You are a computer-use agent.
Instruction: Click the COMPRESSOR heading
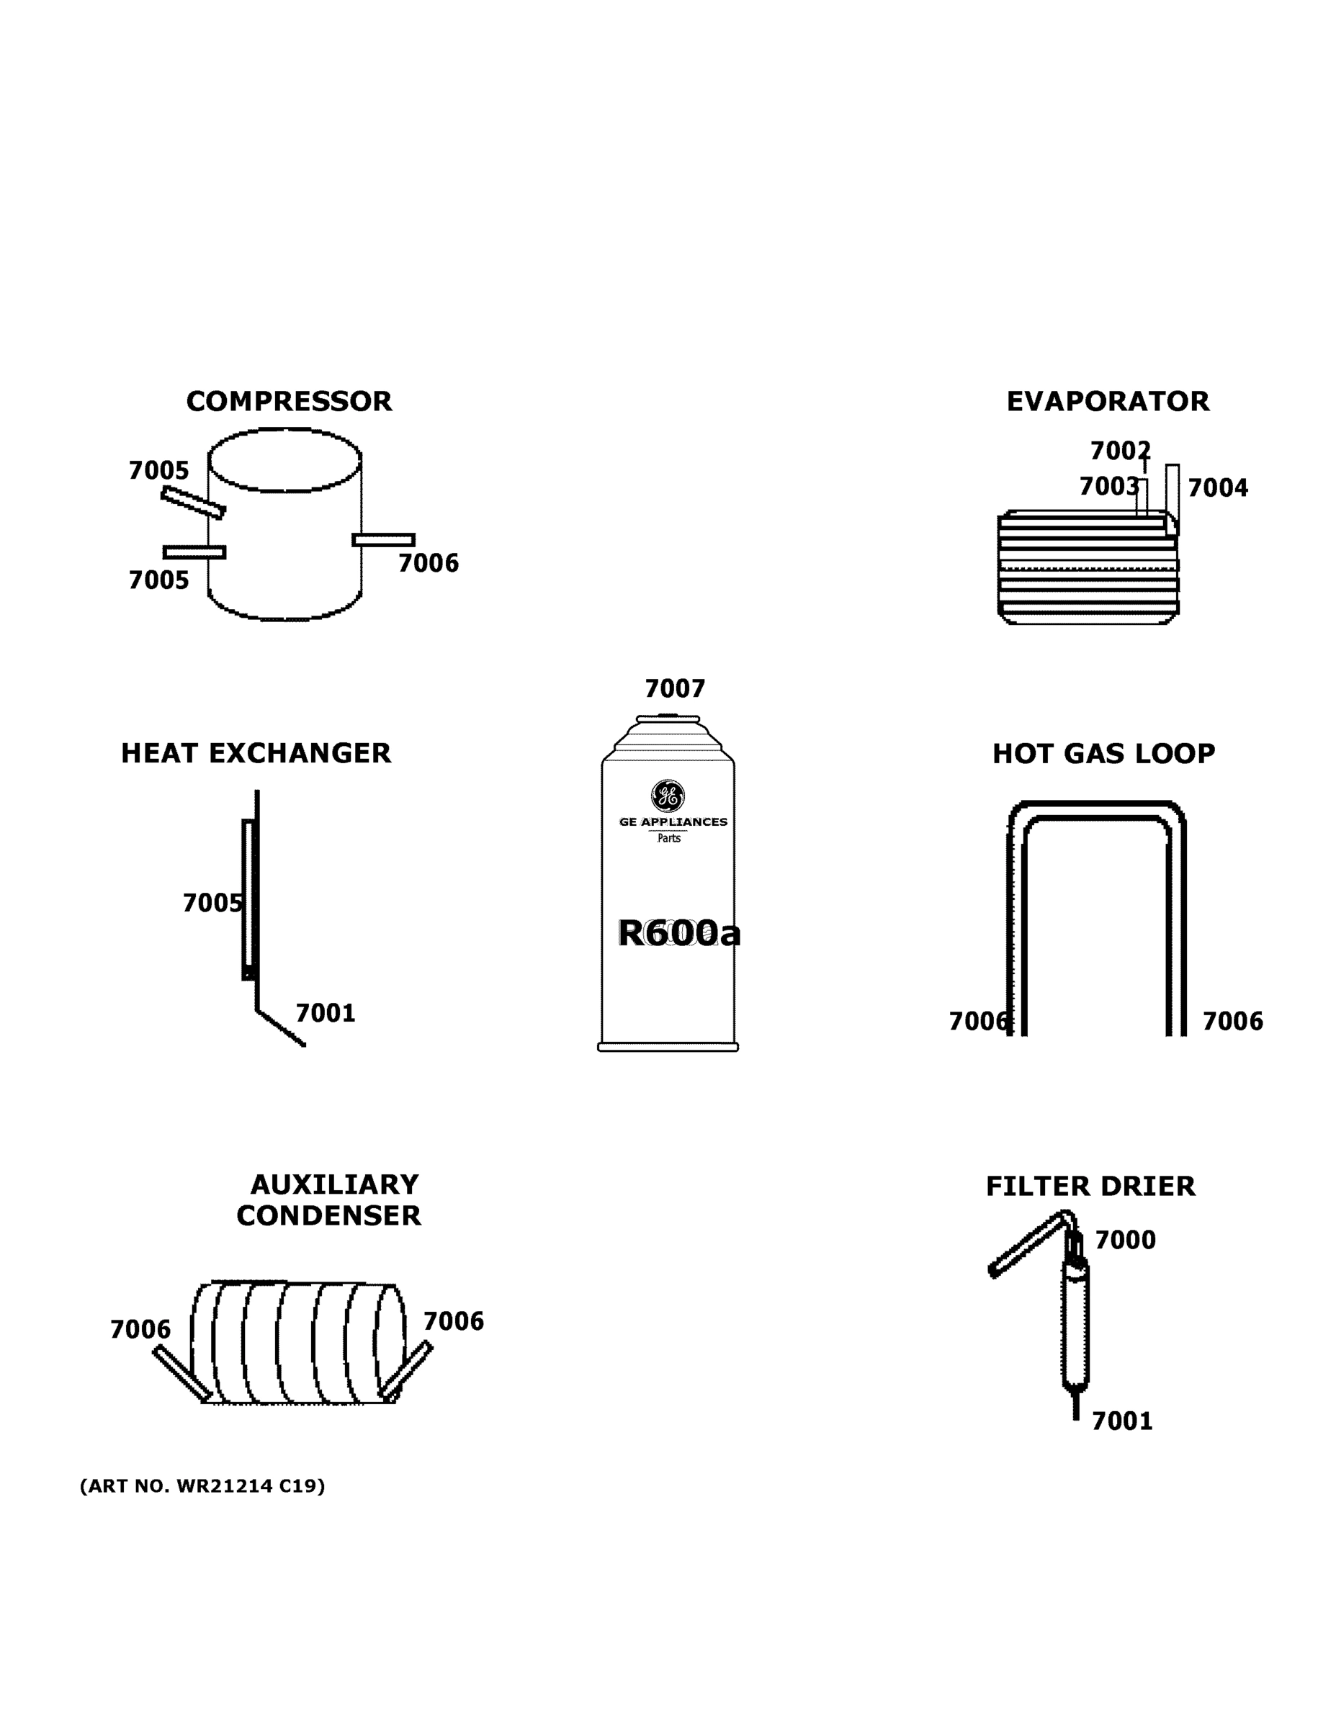point(289,402)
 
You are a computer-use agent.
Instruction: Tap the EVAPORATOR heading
point(1107,402)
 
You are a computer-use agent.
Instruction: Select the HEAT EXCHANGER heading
point(256,753)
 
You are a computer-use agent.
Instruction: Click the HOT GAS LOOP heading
point(1103,754)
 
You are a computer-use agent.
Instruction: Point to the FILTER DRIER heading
point(1090,1187)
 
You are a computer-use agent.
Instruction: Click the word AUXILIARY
point(334,1184)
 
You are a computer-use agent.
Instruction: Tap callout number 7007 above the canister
point(674,689)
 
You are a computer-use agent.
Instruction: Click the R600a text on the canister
point(678,934)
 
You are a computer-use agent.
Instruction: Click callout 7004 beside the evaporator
point(1217,488)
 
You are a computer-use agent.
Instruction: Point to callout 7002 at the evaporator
point(1119,451)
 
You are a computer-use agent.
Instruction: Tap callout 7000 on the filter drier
point(1125,1240)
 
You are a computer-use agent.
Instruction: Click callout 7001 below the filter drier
point(1121,1422)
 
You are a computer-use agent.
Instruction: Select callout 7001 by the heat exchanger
point(326,1014)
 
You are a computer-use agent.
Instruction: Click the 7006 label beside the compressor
point(429,563)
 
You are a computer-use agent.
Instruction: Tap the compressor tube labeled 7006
point(384,539)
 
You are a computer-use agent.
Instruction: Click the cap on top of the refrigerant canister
point(668,719)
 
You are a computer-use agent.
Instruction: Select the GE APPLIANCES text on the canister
point(673,822)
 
